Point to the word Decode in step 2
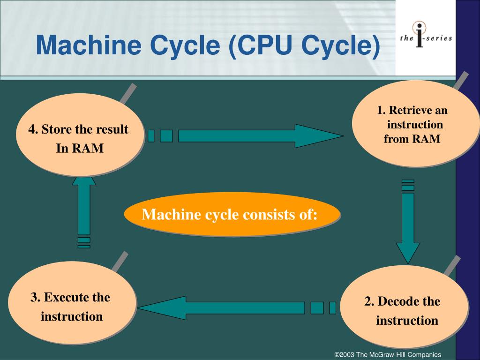coord(398,301)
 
